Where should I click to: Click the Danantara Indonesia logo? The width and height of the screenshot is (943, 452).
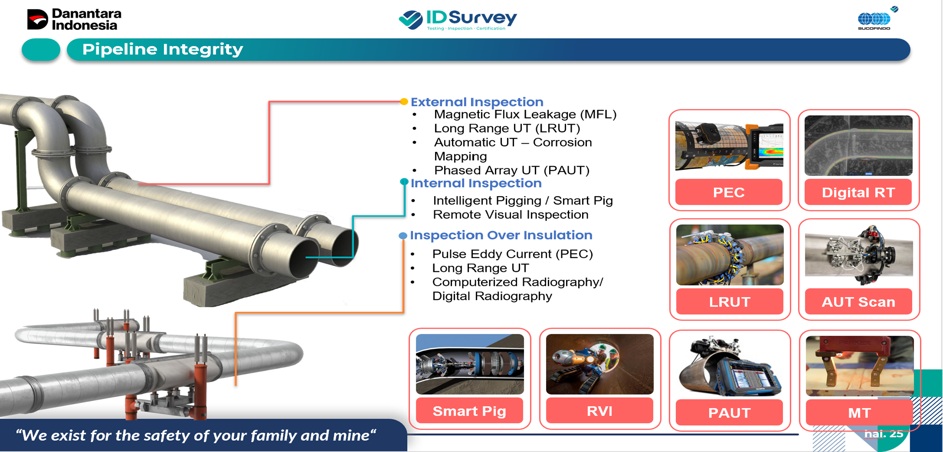point(74,20)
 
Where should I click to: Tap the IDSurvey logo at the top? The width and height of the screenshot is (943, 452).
point(458,20)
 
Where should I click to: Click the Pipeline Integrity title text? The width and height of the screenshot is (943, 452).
point(163,49)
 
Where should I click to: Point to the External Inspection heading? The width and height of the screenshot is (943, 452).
point(477,102)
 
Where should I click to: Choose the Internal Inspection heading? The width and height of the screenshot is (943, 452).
point(476,183)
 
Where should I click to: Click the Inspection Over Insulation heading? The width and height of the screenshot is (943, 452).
point(501,235)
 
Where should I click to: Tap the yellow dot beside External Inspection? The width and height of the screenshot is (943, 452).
point(404,102)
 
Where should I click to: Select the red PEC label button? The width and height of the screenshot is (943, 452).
point(729,192)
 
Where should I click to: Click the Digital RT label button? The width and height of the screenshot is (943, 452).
point(858,192)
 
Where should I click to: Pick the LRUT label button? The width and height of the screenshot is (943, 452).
point(730,301)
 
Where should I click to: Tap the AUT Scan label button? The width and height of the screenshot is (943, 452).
point(858,301)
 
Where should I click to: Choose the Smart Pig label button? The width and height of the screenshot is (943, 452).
point(469,410)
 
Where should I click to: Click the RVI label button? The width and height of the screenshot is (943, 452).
point(599,410)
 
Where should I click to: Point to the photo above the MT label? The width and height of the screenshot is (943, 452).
point(860,366)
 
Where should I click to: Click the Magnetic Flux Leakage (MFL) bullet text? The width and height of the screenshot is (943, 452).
point(525,115)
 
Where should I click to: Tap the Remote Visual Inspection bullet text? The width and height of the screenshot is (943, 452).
point(511,215)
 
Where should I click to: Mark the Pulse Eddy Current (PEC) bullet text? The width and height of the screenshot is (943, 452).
point(512,254)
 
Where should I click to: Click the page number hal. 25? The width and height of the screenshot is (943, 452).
point(884,434)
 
